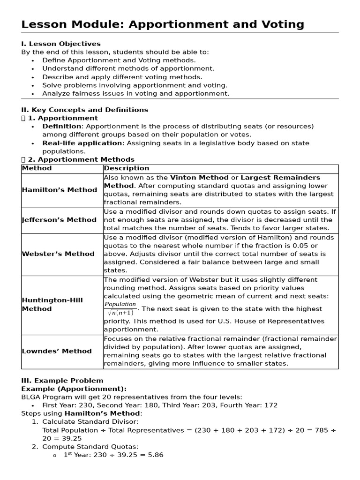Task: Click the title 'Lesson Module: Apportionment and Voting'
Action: [x=163, y=24]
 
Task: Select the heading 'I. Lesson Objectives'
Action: [x=61, y=44]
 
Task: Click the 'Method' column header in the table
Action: [x=37, y=168]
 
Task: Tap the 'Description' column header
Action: [x=127, y=168]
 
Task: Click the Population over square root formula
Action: [x=120, y=308]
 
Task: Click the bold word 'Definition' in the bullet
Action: [x=61, y=126]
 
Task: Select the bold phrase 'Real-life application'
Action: [x=82, y=143]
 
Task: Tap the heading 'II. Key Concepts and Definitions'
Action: [x=84, y=110]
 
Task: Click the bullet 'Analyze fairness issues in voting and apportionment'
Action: [x=136, y=93]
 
